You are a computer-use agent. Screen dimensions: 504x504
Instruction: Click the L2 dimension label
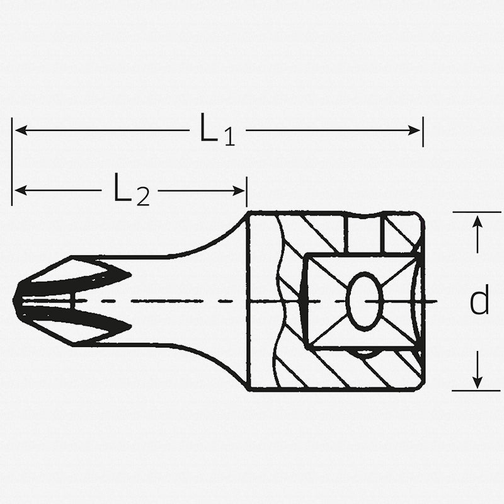pos(131,190)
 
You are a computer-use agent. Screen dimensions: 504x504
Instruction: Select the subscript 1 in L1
pos(229,138)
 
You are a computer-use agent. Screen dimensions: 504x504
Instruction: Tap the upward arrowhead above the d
pos(478,220)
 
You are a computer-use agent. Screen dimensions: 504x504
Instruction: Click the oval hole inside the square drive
pos(365,301)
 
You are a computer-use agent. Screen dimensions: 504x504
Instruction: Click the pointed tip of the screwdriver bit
pos(16,301)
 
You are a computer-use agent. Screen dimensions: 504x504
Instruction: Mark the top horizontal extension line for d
pos(476,212)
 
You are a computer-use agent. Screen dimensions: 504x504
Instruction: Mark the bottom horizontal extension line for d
pos(476,391)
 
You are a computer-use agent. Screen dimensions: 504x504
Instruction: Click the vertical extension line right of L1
pos(423,131)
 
